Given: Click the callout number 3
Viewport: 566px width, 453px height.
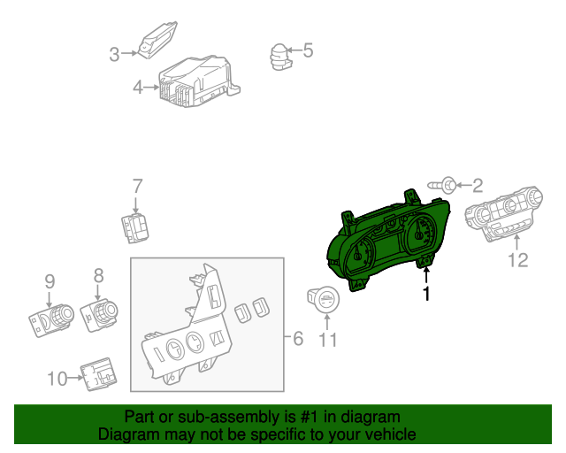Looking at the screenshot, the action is (x=114, y=55).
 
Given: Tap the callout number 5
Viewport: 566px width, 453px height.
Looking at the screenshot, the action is (x=308, y=50).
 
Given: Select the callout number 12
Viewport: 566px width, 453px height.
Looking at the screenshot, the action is (x=518, y=260).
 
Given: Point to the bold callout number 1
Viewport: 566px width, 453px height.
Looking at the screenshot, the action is (x=426, y=294).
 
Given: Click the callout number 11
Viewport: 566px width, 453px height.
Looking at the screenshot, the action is (x=328, y=340).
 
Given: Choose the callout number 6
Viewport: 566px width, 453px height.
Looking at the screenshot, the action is (x=298, y=339).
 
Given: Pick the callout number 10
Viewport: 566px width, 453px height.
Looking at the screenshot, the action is (x=57, y=379).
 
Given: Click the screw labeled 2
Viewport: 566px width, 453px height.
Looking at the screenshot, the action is (x=441, y=185).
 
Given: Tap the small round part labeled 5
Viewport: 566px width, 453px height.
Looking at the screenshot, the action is (x=279, y=58).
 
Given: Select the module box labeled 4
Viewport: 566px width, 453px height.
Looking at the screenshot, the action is (x=198, y=82).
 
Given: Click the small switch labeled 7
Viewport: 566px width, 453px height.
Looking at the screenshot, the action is (x=134, y=227).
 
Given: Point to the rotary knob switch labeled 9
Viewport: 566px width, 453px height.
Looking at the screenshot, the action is (x=51, y=319).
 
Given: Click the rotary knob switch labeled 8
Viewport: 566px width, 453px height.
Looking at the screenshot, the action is (x=100, y=315).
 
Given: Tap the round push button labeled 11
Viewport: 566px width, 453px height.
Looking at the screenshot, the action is (x=323, y=299).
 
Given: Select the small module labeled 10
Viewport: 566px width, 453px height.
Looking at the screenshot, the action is (x=98, y=374).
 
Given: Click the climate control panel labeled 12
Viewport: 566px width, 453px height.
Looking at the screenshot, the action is (x=503, y=213).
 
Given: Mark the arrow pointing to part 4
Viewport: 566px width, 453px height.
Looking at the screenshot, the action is (x=151, y=87).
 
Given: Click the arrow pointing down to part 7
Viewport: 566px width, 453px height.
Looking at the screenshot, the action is (x=135, y=205).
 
